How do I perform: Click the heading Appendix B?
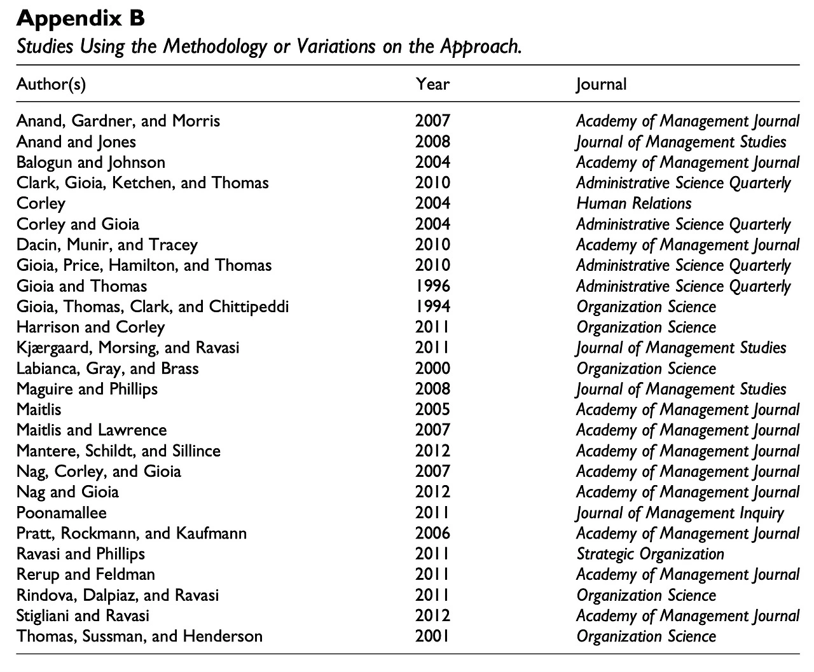click(81, 19)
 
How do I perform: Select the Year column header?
click(432, 84)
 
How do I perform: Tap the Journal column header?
click(601, 84)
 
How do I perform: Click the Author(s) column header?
click(51, 84)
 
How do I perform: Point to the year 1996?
click(432, 286)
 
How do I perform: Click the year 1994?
click(432, 306)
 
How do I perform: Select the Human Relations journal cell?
click(633, 203)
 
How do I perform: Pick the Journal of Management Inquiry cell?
click(680, 512)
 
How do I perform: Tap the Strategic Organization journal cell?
click(650, 554)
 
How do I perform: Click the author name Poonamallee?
click(62, 512)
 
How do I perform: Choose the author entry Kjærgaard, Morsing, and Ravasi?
click(128, 348)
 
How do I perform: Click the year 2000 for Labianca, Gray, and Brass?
click(432, 368)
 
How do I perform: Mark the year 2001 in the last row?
click(432, 636)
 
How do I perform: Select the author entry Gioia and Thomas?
click(81, 286)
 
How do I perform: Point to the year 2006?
click(432, 533)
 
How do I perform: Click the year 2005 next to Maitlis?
click(432, 409)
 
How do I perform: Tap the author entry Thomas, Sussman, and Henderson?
click(139, 636)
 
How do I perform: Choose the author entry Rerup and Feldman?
click(86, 574)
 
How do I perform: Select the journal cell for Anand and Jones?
click(681, 142)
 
